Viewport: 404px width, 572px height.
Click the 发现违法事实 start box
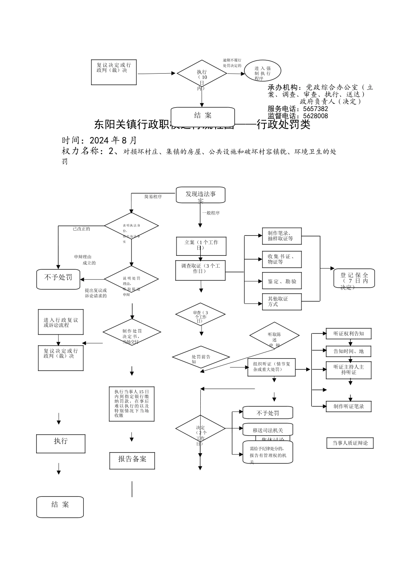coord(200,195)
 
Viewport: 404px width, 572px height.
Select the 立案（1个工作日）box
coord(201,246)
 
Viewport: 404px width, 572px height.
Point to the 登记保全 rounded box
coord(354,278)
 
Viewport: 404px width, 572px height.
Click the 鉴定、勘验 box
coord(282,281)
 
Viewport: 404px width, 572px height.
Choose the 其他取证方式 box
coord(282,301)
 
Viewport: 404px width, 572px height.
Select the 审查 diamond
coord(200,315)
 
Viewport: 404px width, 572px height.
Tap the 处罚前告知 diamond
coord(201,357)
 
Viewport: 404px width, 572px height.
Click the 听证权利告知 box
coord(348,334)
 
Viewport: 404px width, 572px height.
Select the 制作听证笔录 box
coord(348,406)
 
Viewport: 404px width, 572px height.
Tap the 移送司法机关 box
coord(268,430)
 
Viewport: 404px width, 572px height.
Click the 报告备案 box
coord(132,460)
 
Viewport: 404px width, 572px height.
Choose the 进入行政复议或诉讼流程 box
coord(60,322)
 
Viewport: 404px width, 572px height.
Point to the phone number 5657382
coord(315,109)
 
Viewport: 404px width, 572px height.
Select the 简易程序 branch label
coord(153,197)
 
